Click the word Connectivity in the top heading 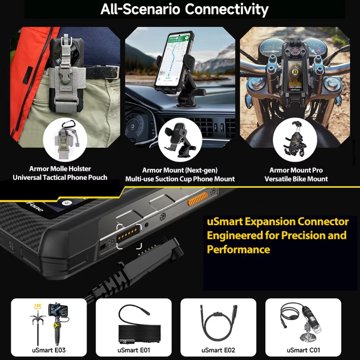pos(226,9)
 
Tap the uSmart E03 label pos(49,350)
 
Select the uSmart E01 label pos(134,350)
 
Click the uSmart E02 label pos(218,350)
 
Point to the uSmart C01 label pos(303,350)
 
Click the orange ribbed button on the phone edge pos(197,198)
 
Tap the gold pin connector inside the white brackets pos(129,235)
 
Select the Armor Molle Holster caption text pos(60,169)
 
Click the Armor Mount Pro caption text pos(296,170)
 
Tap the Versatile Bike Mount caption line pos(296,179)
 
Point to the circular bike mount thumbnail pos(295,140)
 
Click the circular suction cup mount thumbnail pos(180,140)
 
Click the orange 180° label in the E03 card pos(38,306)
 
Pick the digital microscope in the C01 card pos(308,322)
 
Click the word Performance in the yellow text pos(239,250)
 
